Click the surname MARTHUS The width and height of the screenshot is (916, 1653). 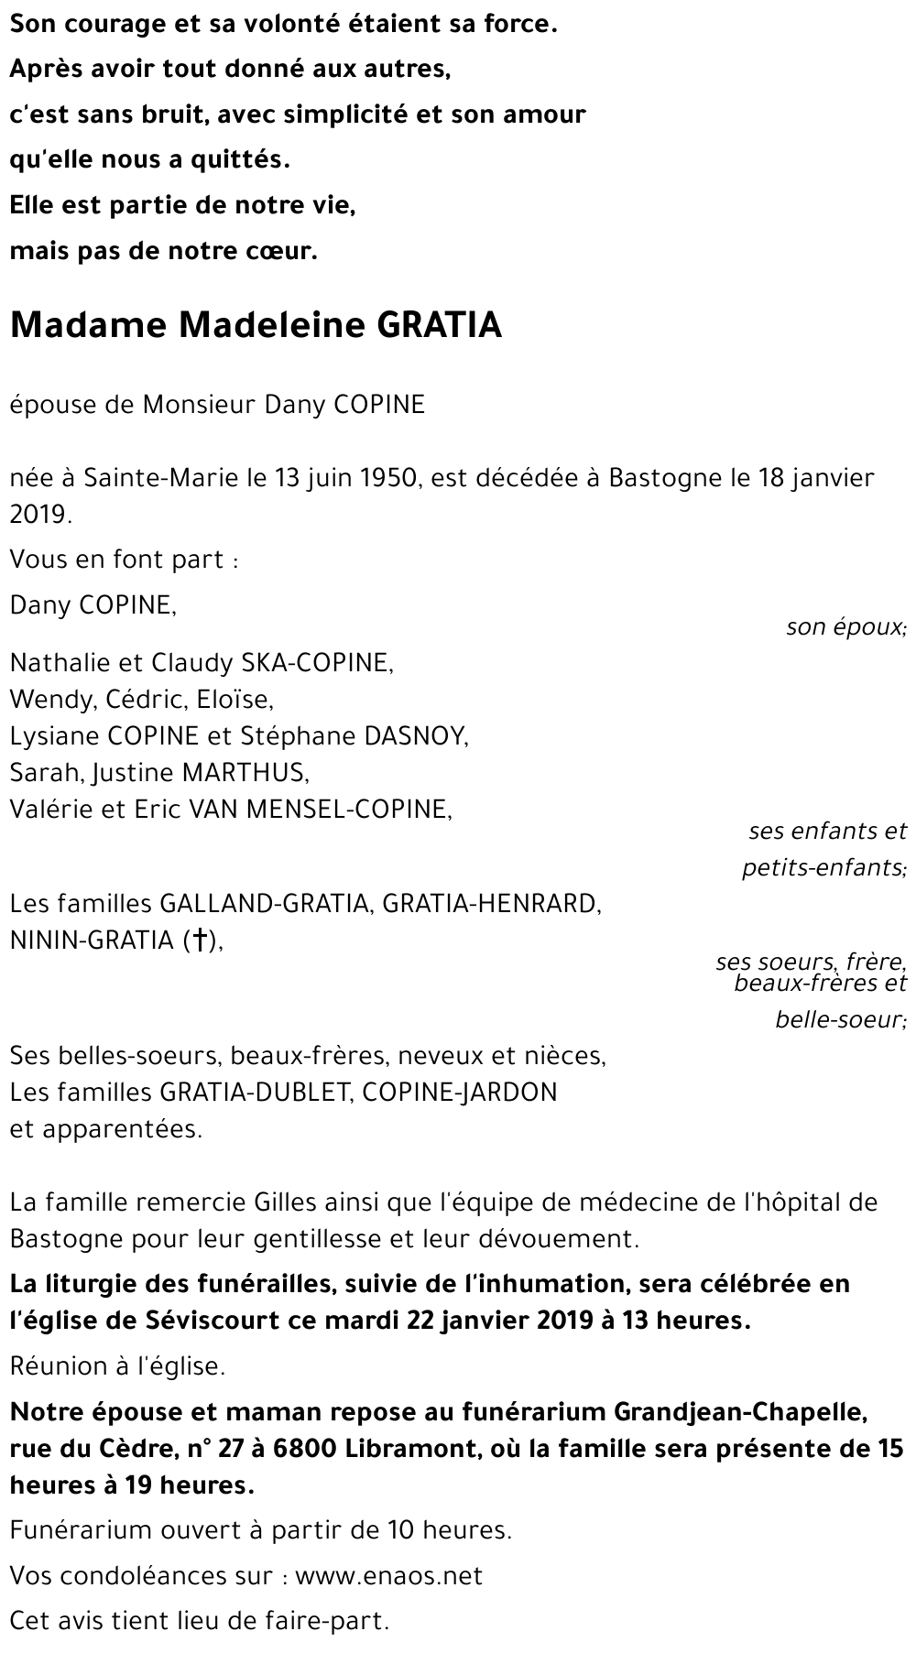pyautogui.click(x=245, y=773)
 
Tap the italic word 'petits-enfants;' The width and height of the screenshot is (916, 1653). pyautogui.click(x=823, y=867)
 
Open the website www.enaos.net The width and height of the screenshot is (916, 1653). pyautogui.click(x=389, y=1576)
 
